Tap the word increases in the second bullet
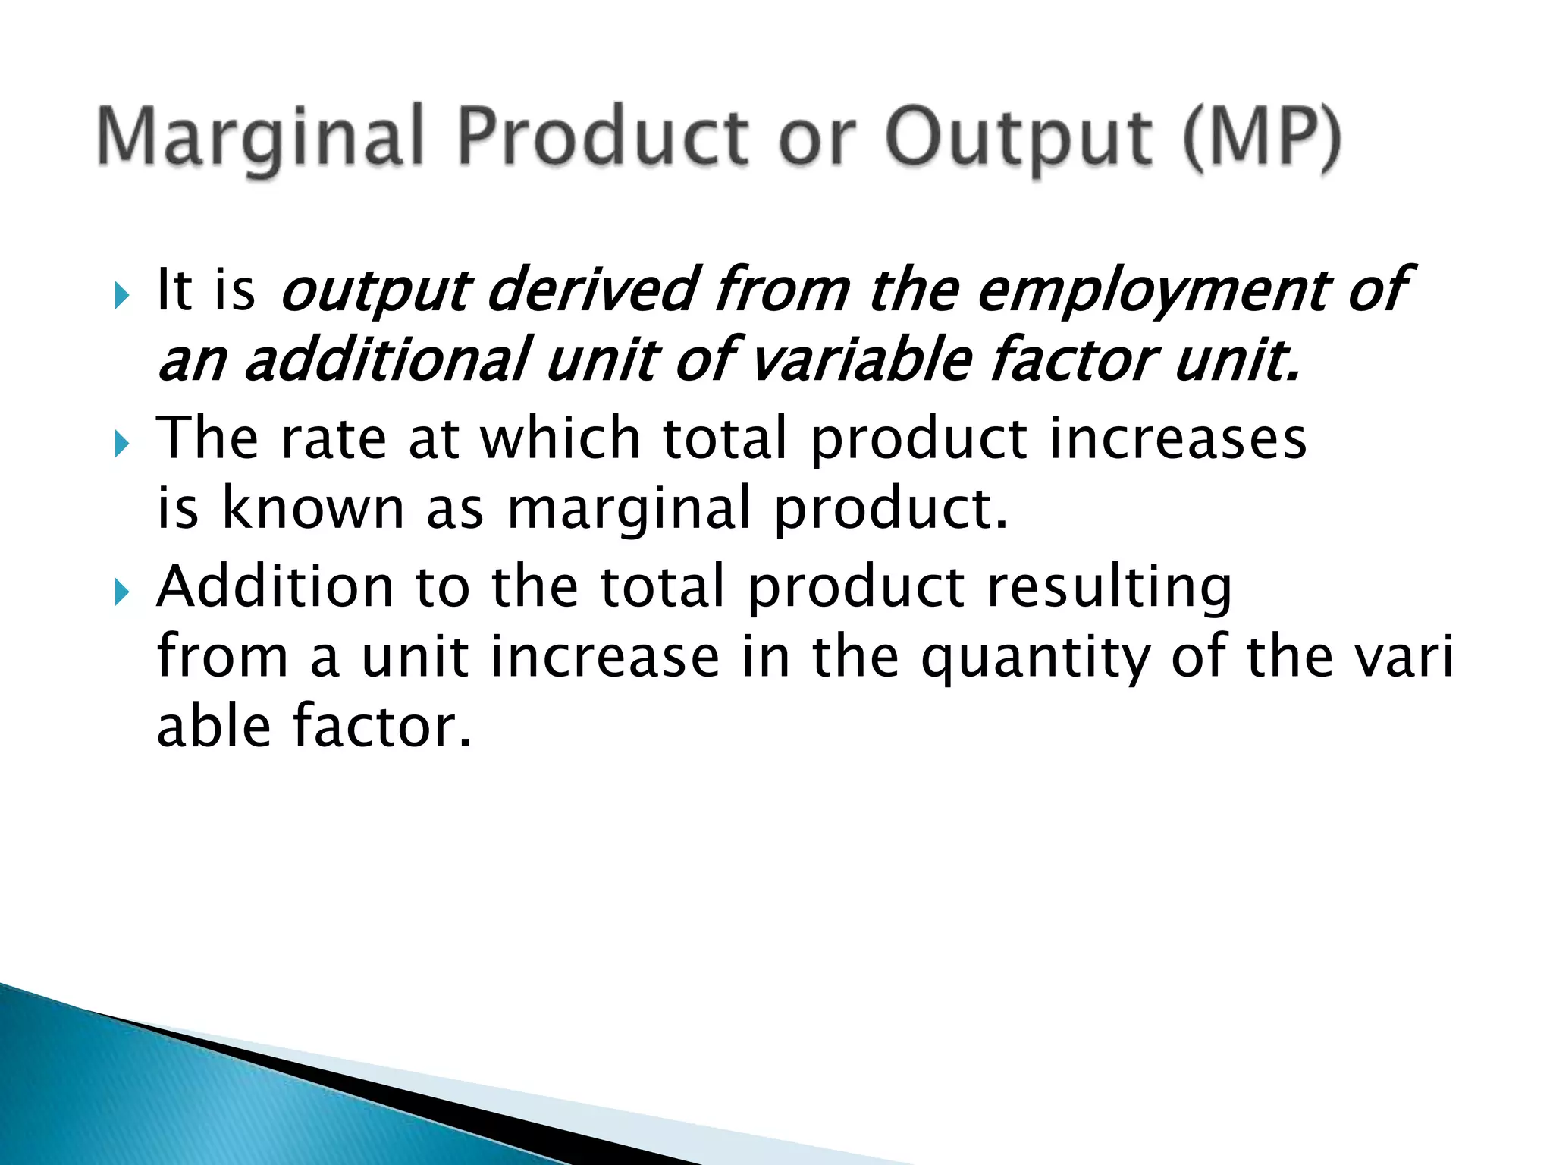tap(1178, 440)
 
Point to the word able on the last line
tap(213, 726)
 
